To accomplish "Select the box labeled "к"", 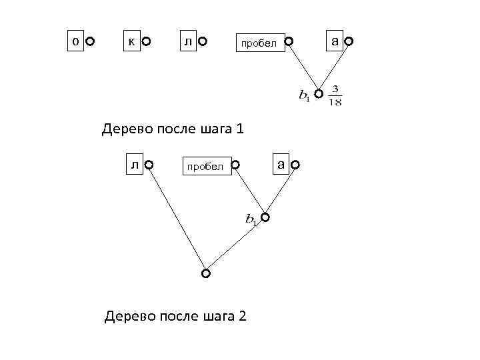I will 131,41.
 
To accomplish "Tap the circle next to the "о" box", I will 90,42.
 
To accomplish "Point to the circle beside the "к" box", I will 147,42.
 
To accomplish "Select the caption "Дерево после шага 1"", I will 173,129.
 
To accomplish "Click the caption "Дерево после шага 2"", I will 175,315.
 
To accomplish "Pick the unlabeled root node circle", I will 206,273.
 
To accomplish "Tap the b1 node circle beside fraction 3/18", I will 319,93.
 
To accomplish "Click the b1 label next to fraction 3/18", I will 304,95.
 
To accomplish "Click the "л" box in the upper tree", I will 188,41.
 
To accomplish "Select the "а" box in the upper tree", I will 334,41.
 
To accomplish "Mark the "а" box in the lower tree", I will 281,163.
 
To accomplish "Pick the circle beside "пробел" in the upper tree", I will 289,42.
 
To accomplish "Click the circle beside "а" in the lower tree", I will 295,165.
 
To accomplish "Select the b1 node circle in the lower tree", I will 265,217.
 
